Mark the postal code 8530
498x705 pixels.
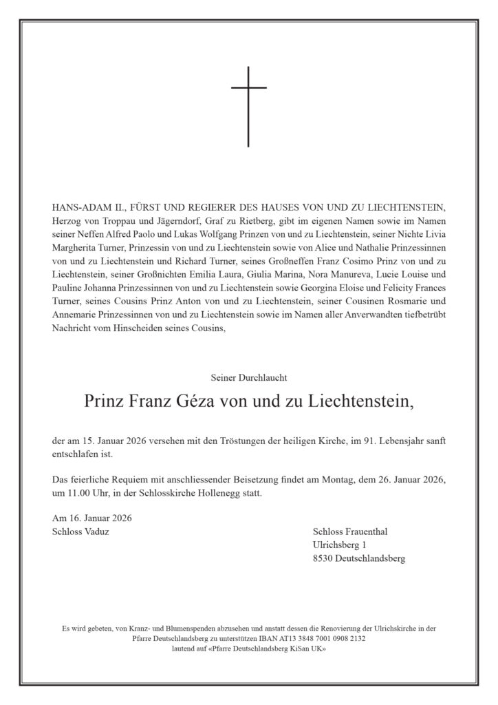click(x=323, y=559)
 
